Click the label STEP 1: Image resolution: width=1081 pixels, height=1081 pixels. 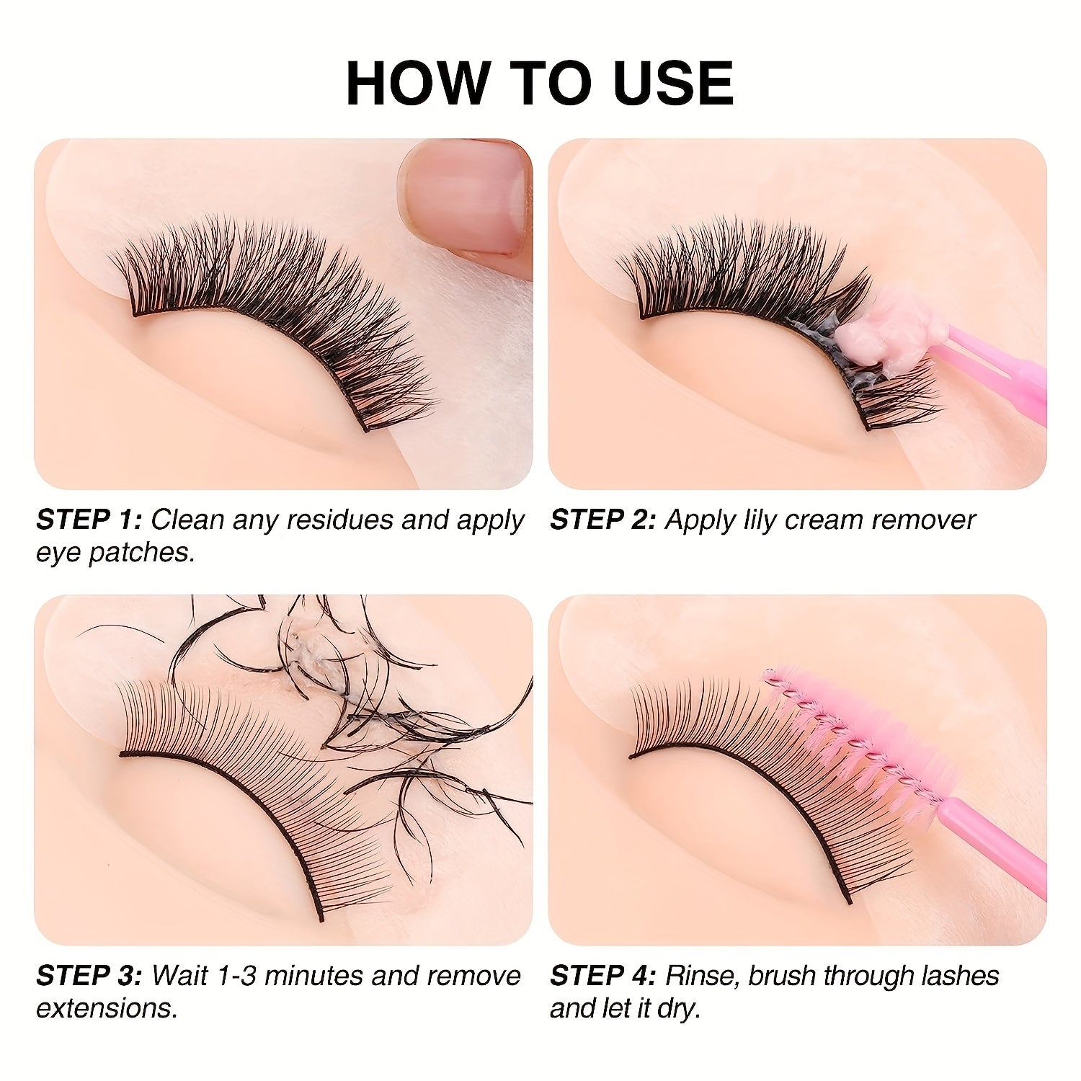click(x=89, y=520)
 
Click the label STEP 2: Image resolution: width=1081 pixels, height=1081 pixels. click(x=603, y=520)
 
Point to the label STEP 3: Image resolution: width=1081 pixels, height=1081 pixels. click(x=89, y=976)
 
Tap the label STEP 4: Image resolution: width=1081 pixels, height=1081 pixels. click(x=603, y=976)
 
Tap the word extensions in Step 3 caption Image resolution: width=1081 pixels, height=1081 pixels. click(x=106, y=1008)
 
